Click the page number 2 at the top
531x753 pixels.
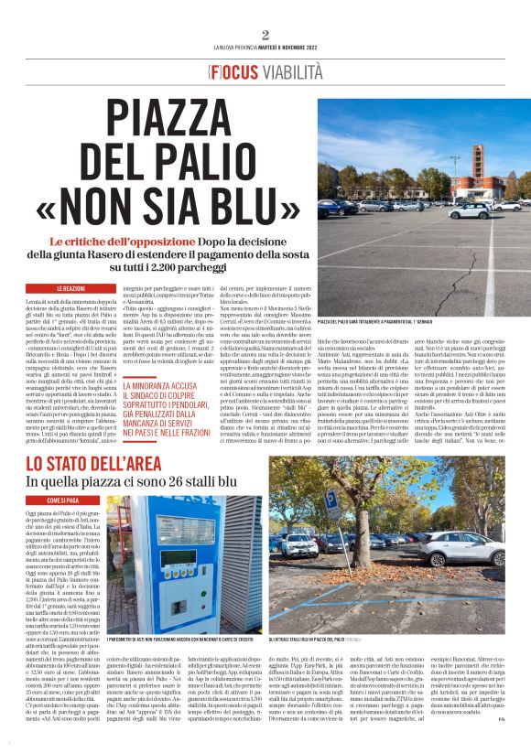[265, 35]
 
